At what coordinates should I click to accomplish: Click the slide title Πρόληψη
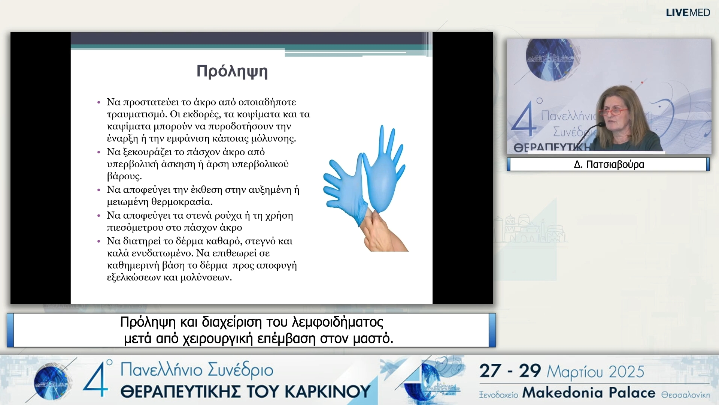(232, 71)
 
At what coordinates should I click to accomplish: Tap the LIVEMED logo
(688, 13)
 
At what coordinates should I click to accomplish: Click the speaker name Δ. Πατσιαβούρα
(609, 165)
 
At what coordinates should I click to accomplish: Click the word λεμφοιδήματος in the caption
(337, 322)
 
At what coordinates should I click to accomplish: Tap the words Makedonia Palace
(589, 393)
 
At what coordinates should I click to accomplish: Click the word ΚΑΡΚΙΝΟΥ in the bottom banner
(328, 392)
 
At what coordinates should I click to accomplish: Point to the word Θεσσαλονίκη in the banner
(685, 395)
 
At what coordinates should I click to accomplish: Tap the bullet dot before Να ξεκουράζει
(99, 152)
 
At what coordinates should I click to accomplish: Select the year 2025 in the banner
(626, 372)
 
